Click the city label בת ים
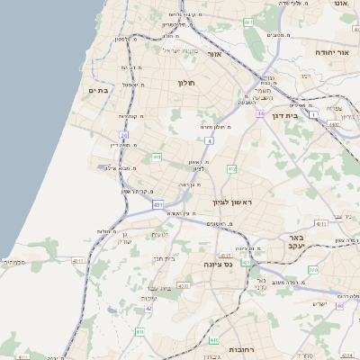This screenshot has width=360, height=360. (x=98, y=91)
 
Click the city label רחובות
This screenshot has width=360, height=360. (x=244, y=348)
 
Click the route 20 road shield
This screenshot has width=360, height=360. (x=123, y=135)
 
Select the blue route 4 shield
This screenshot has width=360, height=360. (x=209, y=141)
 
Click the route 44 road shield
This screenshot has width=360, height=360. (x=259, y=114)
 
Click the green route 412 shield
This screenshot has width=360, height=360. (x=232, y=168)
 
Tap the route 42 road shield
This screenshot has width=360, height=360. (x=148, y=309)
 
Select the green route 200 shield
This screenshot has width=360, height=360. (x=313, y=269)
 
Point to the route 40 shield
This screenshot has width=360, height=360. (x=339, y=305)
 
